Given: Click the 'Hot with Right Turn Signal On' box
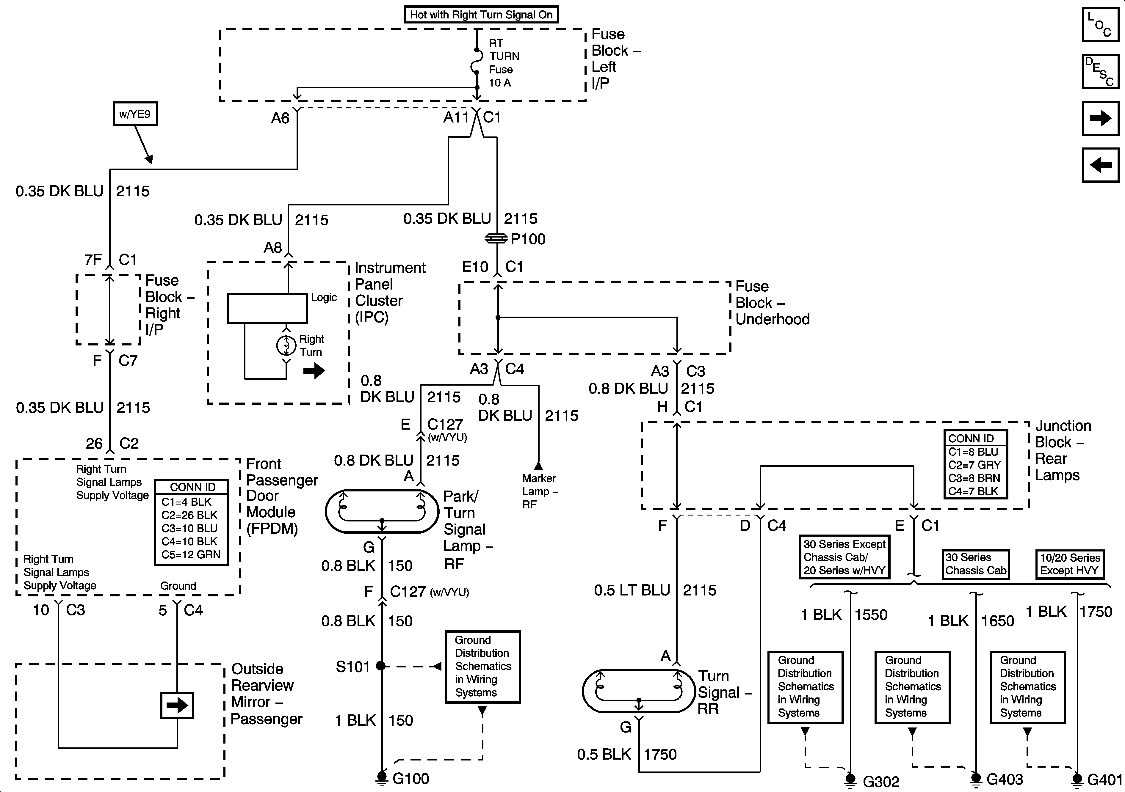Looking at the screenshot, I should (481, 15).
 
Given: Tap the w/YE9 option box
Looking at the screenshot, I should (135, 114).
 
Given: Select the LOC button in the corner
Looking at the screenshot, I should (1100, 24).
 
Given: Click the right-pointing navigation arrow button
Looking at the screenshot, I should (1100, 118).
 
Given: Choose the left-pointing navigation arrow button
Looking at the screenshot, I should (1100, 165).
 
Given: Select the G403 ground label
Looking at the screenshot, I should (1005, 779).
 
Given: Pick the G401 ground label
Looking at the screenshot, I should (1104, 780).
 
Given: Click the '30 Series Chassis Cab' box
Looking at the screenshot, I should (976, 564).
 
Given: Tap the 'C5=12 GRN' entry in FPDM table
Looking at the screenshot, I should (191, 554).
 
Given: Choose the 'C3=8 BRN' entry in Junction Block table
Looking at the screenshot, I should (974, 478).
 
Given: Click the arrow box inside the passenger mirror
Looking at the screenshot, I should (177, 705).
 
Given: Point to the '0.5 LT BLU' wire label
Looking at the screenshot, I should (632, 590).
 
